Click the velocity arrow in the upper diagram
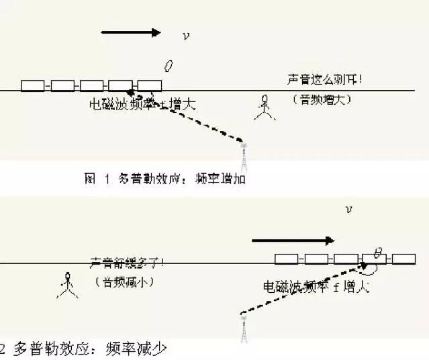pyautogui.click(x=131, y=32)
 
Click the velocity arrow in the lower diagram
pyautogui.click(x=292, y=240)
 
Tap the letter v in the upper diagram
pyautogui.click(x=186, y=36)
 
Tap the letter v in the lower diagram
pyautogui.click(x=348, y=210)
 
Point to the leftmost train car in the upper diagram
pyautogui.click(x=33, y=86)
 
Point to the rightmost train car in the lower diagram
pyautogui.click(x=403, y=259)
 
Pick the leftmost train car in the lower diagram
pyautogui.click(x=287, y=259)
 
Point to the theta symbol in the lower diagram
pyautogui.click(x=378, y=253)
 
